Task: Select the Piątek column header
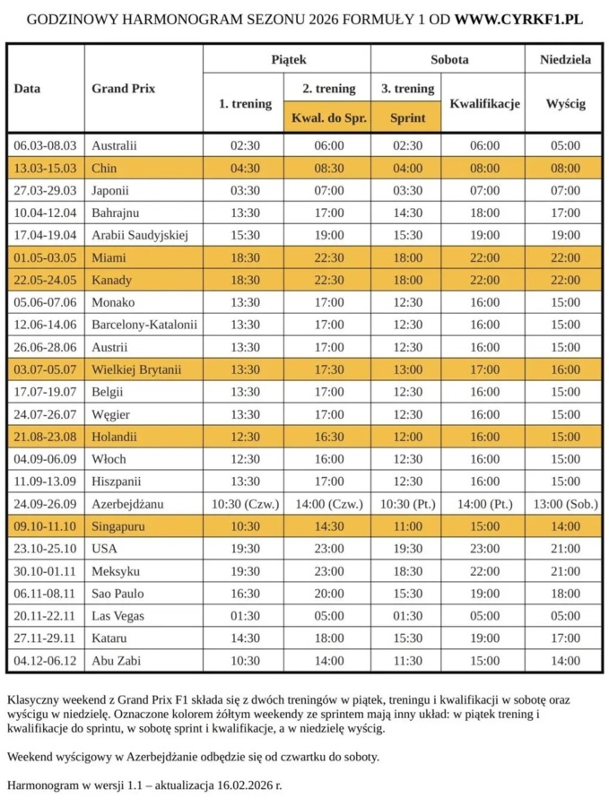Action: (x=288, y=60)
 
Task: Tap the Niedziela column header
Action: (x=565, y=60)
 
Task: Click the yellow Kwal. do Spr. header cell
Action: (x=329, y=117)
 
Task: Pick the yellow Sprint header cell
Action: (x=406, y=117)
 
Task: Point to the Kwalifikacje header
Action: (x=484, y=103)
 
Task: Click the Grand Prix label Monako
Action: (x=113, y=302)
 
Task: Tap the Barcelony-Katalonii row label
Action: (x=144, y=325)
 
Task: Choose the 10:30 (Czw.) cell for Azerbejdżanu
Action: (x=245, y=504)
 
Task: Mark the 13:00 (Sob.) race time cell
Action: (x=565, y=504)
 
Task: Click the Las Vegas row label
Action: (x=117, y=616)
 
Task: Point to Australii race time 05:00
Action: (x=565, y=145)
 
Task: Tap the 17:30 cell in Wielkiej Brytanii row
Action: (x=329, y=369)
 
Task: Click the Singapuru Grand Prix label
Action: (x=118, y=526)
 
